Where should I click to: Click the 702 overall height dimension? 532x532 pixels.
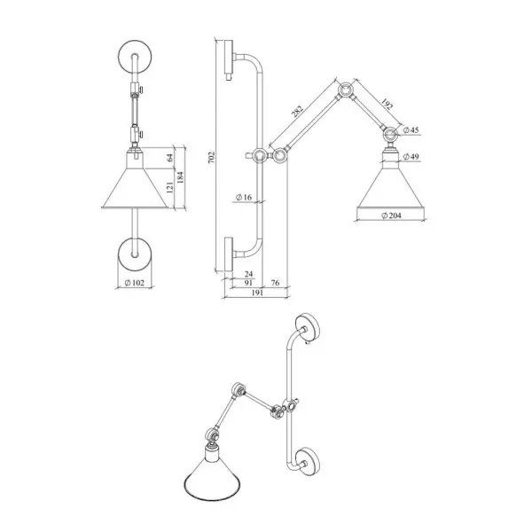coord(211,158)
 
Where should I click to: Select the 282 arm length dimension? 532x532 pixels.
coord(296,111)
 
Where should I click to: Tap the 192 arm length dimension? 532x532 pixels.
coord(387,104)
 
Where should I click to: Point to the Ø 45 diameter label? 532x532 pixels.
coord(411,130)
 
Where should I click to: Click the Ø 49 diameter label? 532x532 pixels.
coord(411,156)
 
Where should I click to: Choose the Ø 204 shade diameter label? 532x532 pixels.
coord(391,215)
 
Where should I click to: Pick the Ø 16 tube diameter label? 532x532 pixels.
coord(244,197)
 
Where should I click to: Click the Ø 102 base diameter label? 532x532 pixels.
coord(135,283)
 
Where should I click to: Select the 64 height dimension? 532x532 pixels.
coord(169,158)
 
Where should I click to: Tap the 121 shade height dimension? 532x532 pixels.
coord(169,187)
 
